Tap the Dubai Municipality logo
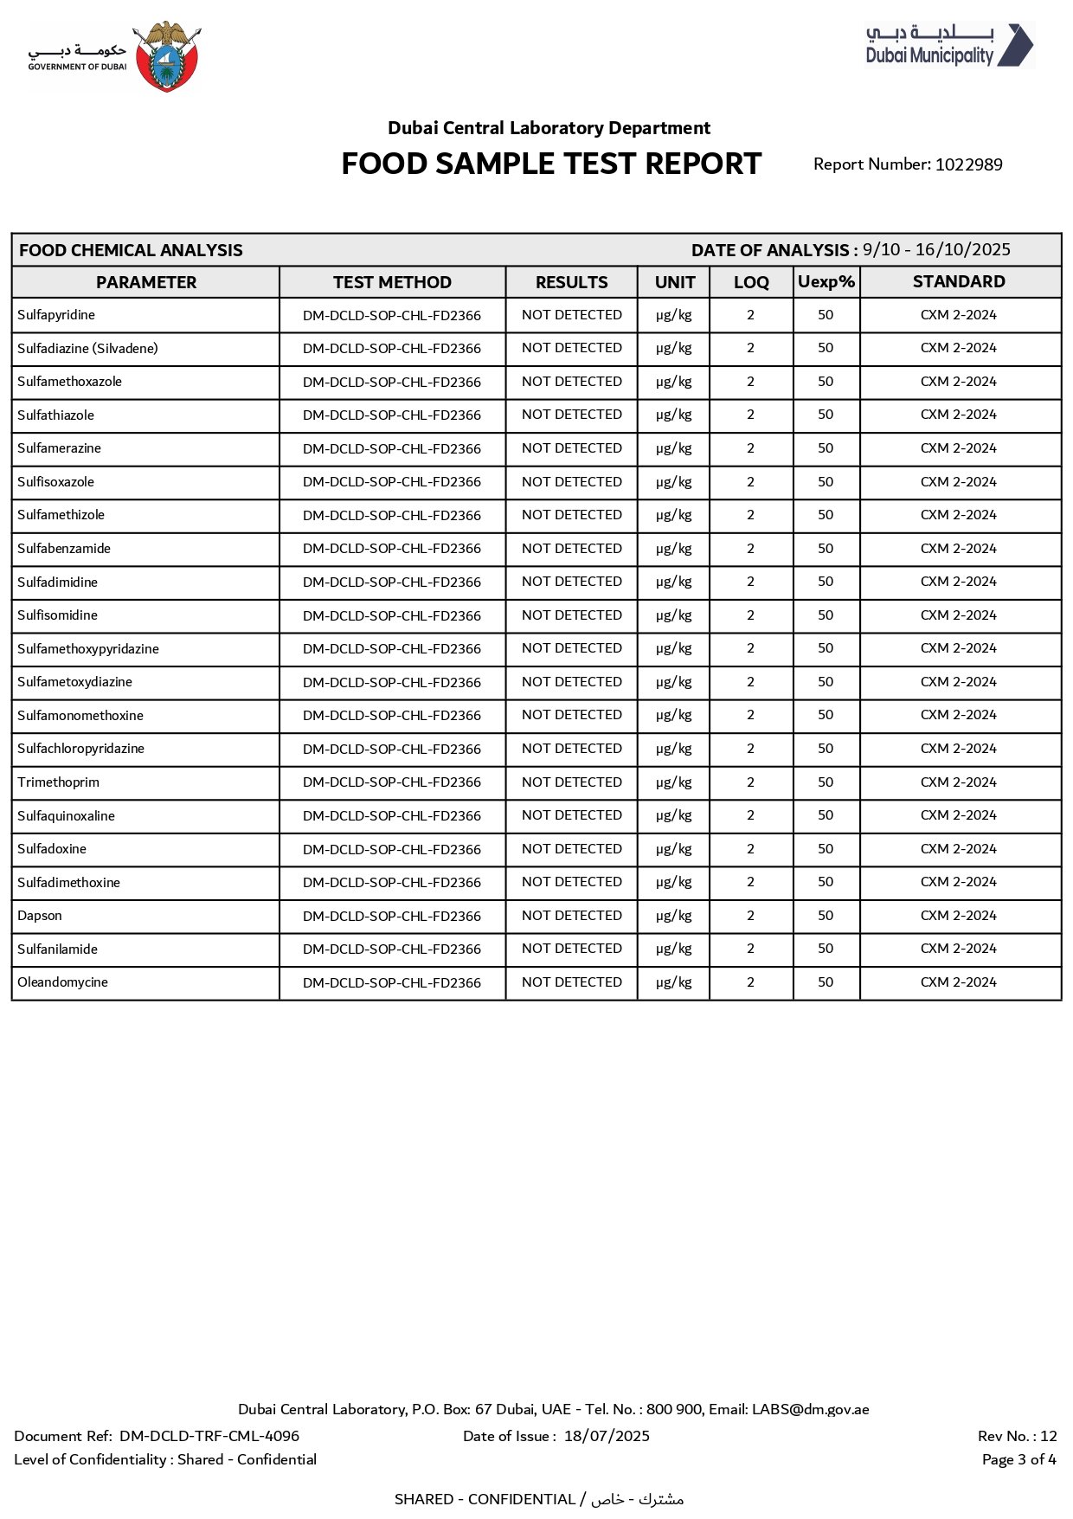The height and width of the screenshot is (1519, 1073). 948,46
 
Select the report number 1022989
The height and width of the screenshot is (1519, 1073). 968,164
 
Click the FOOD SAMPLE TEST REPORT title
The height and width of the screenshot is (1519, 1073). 551,164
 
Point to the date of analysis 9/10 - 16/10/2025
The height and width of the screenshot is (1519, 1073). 936,250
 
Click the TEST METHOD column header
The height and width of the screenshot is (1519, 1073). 392,282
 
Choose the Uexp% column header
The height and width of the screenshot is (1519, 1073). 826,282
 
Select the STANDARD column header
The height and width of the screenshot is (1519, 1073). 959,282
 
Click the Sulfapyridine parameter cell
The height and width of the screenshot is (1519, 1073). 56,315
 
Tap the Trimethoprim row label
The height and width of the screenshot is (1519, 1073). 58,782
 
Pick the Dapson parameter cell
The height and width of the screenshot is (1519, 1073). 40,916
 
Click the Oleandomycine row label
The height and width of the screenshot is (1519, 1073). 62,982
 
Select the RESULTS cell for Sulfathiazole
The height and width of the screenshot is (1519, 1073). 571,415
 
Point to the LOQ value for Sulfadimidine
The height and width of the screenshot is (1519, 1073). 750,582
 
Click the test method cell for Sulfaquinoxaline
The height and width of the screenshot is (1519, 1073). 392,816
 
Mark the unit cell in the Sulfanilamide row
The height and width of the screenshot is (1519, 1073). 673,949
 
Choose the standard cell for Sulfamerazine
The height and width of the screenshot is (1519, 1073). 958,448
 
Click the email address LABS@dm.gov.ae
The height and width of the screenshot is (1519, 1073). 810,1409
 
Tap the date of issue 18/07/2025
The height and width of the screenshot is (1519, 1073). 607,1436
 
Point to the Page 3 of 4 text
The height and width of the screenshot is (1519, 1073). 1018,1459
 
